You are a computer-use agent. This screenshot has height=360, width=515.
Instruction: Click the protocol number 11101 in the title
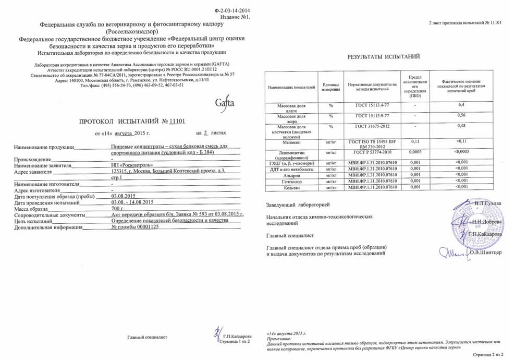(177, 121)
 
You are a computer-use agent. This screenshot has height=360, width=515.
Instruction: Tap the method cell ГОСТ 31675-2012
(372, 127)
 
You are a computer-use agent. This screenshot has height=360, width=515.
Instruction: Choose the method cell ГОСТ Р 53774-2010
(372, 152)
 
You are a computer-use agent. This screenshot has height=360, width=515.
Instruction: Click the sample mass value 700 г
(119, 209)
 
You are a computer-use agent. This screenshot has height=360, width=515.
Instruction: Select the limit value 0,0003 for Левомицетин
(415, 152)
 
